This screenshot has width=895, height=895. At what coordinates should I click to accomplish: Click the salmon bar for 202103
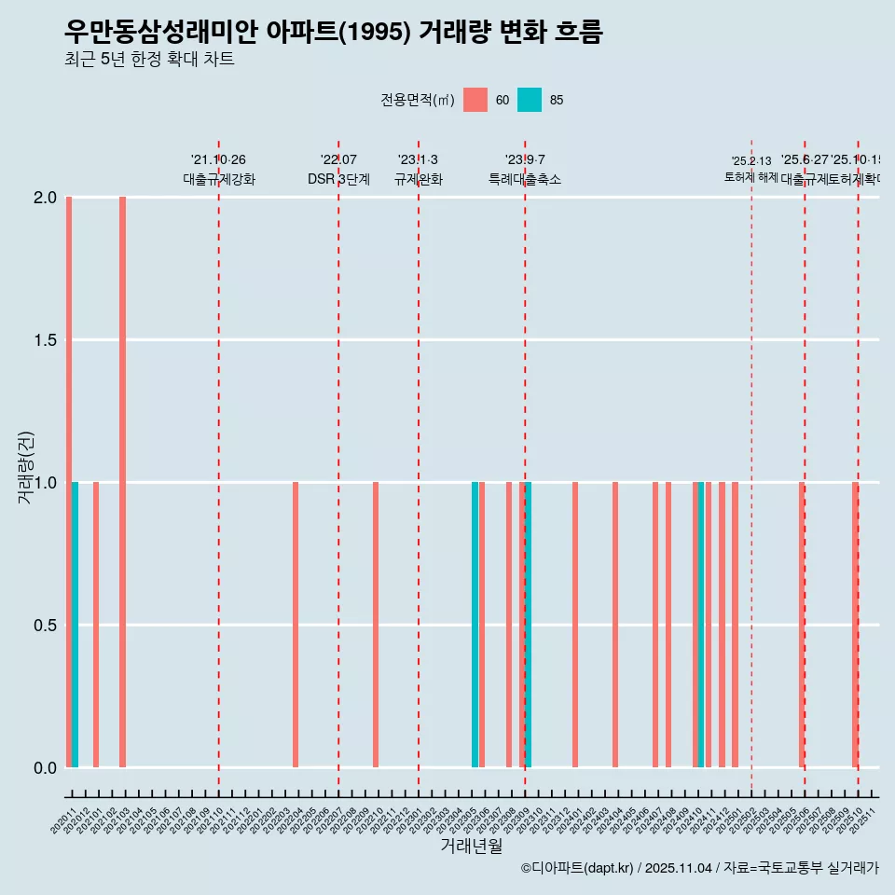(122, 482)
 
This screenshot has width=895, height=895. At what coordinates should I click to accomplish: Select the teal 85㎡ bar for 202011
(75, 625)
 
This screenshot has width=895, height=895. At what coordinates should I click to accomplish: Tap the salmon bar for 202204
(296, 625)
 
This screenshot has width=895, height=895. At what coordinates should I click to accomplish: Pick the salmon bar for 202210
(376, 625)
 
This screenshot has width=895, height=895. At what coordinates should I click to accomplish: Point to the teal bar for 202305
(475, 625)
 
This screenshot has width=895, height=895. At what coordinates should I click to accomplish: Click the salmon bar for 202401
(575, 625)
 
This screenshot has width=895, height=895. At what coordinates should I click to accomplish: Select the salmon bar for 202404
(615, 625)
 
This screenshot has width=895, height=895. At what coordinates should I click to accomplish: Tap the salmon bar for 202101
(96, 625)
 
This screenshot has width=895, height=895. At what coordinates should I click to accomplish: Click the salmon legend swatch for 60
(475, 100)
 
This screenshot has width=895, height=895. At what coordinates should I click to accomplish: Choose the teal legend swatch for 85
(530, 100)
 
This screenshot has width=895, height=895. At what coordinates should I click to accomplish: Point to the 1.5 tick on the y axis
(47, 340)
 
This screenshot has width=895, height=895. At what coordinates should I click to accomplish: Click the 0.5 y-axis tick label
(47, 626)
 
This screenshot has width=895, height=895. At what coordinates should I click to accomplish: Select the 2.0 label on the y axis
(47, 198)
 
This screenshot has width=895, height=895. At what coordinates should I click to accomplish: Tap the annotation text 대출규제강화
(219, 180)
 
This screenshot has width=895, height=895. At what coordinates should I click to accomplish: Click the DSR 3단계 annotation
(338, 180)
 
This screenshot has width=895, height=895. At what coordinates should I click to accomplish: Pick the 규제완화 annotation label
(419, 180)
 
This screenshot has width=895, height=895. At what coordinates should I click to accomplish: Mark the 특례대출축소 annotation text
(525, 180)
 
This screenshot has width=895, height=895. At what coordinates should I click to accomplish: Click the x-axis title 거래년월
(471, 847)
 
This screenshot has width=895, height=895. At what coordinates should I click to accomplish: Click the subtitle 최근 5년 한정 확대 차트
(149, 60)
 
